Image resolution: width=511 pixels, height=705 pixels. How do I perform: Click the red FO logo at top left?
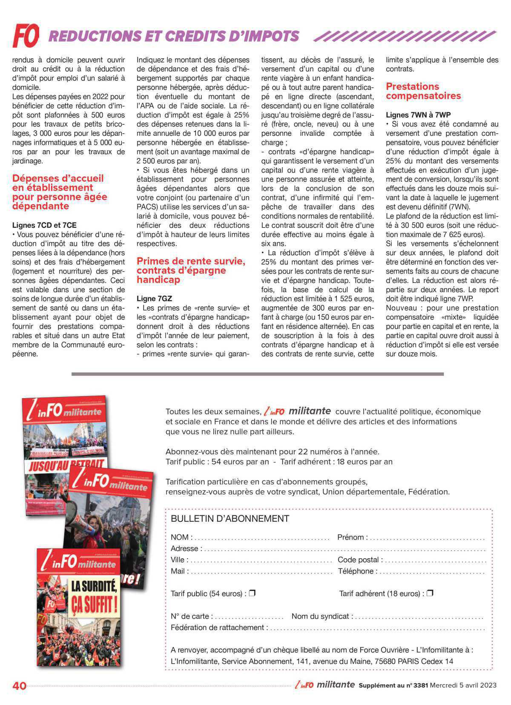[x=26, y=35]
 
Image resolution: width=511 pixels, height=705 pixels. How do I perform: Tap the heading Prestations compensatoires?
[x=423, y=91]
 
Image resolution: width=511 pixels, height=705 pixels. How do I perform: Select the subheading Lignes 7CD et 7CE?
[x=44, y=225]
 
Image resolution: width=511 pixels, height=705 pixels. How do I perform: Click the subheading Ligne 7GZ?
[x=154, y=299]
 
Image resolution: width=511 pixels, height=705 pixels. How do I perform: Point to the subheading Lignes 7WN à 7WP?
[x=418, y=115]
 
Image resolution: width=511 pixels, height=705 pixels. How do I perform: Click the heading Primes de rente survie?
[x=190, y=261]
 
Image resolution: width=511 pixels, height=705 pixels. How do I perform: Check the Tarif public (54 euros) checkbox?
[x=252, y=593]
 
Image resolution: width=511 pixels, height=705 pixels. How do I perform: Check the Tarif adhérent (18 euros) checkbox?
[x=430, y=593]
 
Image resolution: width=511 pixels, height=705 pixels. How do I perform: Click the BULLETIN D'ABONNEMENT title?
[x=230, y=519]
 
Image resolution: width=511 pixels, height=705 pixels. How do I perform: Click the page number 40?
[x=20, y=686]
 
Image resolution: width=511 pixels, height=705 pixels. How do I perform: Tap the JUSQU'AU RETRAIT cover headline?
[x=66, y=465]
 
